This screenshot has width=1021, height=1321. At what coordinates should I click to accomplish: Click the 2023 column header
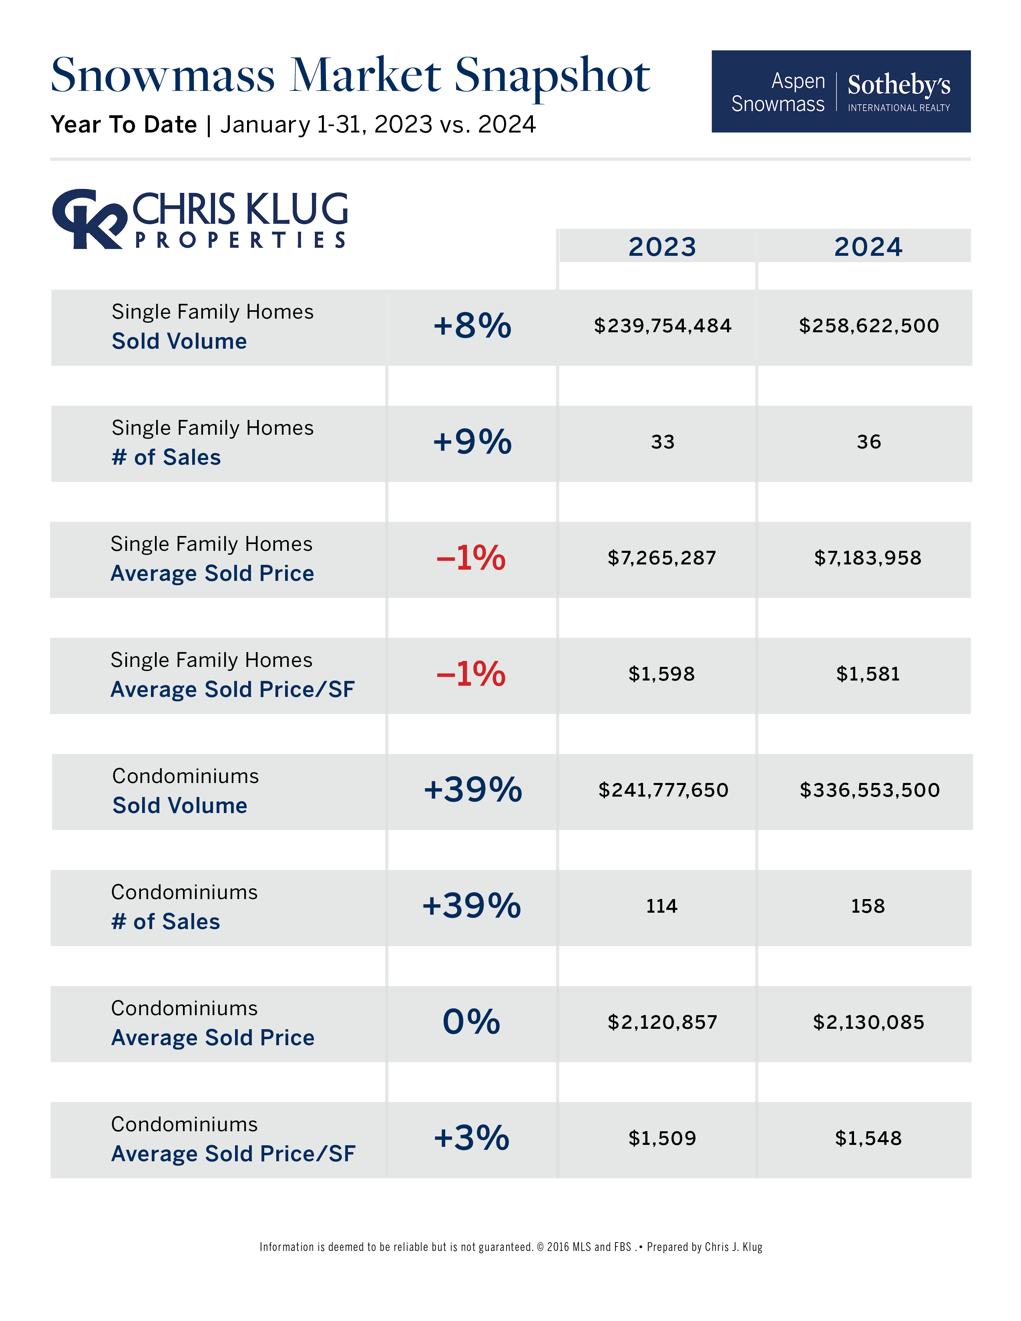tap(662, 247)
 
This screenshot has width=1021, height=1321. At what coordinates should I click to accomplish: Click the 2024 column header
tap(868, 247)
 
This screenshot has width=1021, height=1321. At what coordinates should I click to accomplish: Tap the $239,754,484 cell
tap(662, 326)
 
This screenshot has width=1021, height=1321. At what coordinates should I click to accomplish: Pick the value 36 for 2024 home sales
tap(868, 442)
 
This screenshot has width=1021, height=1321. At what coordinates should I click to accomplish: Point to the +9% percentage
tap(472, 442)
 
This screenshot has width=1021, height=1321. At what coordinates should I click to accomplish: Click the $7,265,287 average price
tap(662, 558)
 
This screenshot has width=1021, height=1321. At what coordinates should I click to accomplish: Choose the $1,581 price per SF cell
tap(868, 674)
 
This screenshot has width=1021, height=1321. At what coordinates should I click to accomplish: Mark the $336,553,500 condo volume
tap(870, 790)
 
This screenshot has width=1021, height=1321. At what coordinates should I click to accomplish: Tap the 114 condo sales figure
tap(662, 906)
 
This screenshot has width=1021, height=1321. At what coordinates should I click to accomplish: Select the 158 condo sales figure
tap(868, 906)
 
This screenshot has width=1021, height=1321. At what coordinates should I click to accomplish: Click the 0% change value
tap(471, 1022)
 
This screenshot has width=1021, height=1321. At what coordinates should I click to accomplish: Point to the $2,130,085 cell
tap(868, 1022)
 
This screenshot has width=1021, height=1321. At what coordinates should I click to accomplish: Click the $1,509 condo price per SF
tap(662, 1138)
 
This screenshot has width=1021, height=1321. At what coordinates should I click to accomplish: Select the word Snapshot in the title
tap(552, 77)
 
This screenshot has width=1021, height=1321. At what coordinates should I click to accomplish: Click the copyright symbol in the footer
tap(540, 1247)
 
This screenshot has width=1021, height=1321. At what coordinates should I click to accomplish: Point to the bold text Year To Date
tap(124, 124)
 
